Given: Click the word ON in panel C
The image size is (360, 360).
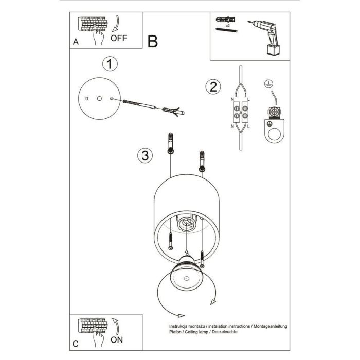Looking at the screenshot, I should coord(117,340).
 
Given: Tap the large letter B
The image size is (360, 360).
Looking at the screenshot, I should coord(152,41).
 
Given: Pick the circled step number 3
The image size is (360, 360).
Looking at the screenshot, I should coord(146,154).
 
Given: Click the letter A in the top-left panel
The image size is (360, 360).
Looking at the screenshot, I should coord(76,43).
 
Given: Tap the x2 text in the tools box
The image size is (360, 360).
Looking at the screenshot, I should coord(227,24).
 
